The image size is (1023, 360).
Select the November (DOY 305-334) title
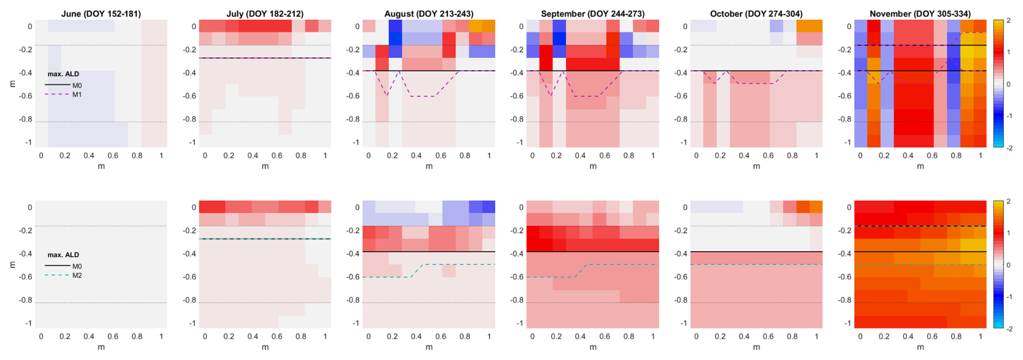pos(920,14)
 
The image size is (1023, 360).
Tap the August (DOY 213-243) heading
pos(429,14)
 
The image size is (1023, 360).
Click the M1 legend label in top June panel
pos(77,95)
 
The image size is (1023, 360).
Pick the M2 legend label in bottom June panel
pos(77,276)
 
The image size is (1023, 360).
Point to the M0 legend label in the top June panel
pos(77,85)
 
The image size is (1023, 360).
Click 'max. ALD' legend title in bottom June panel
pos(63,255)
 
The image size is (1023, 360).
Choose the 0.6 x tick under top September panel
pos(604,156)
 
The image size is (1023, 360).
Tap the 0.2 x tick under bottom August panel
pos(393,337)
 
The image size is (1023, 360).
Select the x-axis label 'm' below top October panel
pos(756,166)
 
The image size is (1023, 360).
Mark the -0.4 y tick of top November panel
pos(843,73)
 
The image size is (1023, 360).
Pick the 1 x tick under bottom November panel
pos(981,337)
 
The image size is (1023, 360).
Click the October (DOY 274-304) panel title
pos(756,14)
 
